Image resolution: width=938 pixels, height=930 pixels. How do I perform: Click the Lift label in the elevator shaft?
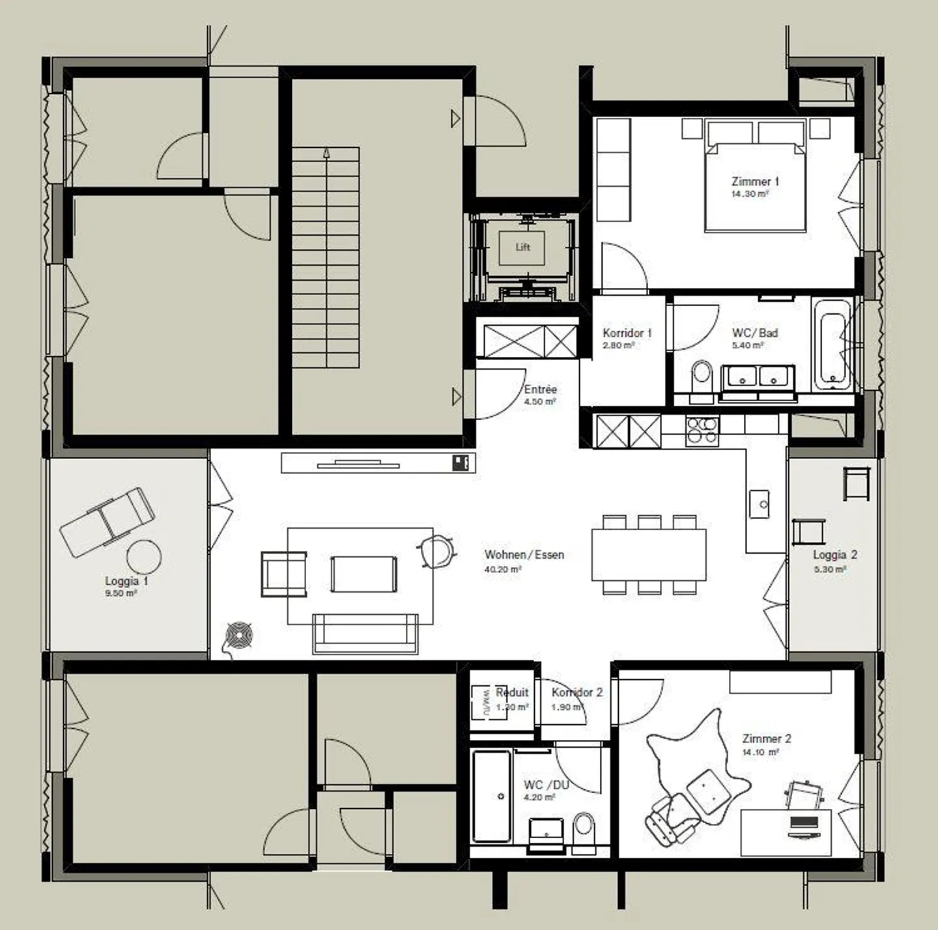[x=523, y=247]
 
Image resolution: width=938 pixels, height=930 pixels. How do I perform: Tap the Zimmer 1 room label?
[x=755, y=182]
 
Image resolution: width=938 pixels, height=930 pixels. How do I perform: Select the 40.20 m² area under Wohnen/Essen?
[x=502, y=569]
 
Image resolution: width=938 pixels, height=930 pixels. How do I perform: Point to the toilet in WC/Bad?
[x=702, y=376]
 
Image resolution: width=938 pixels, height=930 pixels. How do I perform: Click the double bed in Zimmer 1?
[x=755, y=186]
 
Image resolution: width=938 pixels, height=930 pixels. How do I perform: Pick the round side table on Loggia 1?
[x=143, y=558]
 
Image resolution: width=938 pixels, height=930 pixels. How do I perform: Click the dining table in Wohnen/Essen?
[x=649, y=554]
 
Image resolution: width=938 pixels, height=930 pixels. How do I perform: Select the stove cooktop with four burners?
[x=702, y=430]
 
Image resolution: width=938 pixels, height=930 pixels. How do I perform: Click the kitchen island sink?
[x=759, y=504]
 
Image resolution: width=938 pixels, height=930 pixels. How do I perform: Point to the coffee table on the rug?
[x=363, y=574]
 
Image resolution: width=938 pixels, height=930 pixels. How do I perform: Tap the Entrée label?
[x=541, y=389]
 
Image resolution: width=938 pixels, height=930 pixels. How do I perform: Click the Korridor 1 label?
[x=627, y=333]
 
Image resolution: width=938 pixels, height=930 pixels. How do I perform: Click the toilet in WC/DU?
[x=584, y=829]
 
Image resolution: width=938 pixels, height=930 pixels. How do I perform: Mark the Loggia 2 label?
[x=835, y=555]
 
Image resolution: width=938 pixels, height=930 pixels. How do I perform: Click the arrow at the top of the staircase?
[x=326, y=153]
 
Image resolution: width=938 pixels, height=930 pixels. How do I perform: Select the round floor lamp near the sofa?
[x=239, y=634]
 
